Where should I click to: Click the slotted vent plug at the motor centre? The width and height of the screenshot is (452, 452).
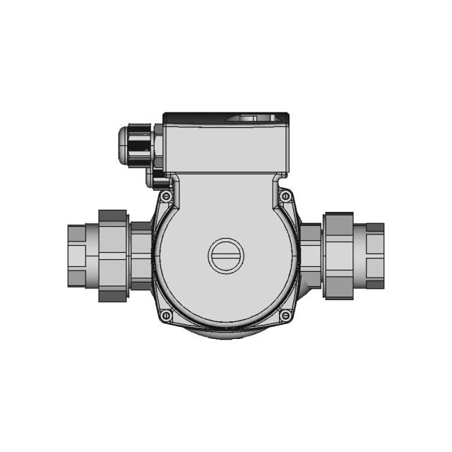(225, 256)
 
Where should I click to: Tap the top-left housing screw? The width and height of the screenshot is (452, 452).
(166, 196)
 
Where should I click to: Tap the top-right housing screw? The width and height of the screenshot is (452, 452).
(285, 196)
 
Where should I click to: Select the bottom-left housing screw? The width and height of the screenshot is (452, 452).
(166, 316)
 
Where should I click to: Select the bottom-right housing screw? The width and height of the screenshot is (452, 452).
(285, 316)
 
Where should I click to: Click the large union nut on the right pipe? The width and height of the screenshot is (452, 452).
(338, 256)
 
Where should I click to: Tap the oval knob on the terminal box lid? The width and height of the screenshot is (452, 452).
(251, 118)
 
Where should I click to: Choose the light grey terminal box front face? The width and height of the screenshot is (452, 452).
(225, 148)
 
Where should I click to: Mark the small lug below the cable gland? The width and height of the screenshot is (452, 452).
(153, 180)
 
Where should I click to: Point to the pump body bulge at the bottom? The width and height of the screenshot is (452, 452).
(225, 333)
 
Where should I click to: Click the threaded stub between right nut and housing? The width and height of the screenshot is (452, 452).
(311, 256)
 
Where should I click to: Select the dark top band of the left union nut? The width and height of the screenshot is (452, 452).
(113, 215)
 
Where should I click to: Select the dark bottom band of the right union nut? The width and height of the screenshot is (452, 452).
(338, 292)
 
